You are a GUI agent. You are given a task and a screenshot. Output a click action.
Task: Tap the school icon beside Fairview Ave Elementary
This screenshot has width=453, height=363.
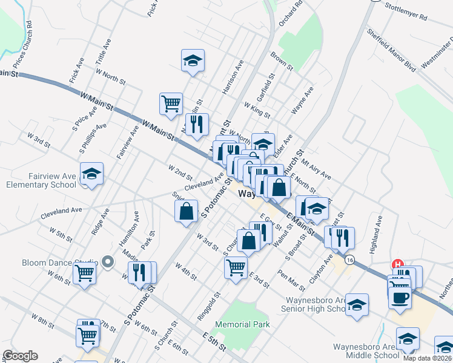coord(91,174)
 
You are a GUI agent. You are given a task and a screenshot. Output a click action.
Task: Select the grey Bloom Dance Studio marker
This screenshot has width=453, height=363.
coord(108,262)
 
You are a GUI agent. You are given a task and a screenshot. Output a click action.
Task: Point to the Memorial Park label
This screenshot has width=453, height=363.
coord(242,325)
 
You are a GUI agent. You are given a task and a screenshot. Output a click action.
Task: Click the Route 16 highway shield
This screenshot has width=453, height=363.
coord(349,260)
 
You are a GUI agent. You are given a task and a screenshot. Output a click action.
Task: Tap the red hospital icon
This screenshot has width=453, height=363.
coord(398,264)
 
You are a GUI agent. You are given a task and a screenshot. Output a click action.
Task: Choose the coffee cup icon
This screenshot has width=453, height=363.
coord(400,298)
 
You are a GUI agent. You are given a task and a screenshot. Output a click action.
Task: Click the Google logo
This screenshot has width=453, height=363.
coord(20,356)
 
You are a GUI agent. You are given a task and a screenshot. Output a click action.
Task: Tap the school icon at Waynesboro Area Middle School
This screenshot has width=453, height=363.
coord(408,339)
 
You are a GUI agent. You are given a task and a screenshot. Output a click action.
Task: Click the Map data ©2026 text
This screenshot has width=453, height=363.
coord(428,357)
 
